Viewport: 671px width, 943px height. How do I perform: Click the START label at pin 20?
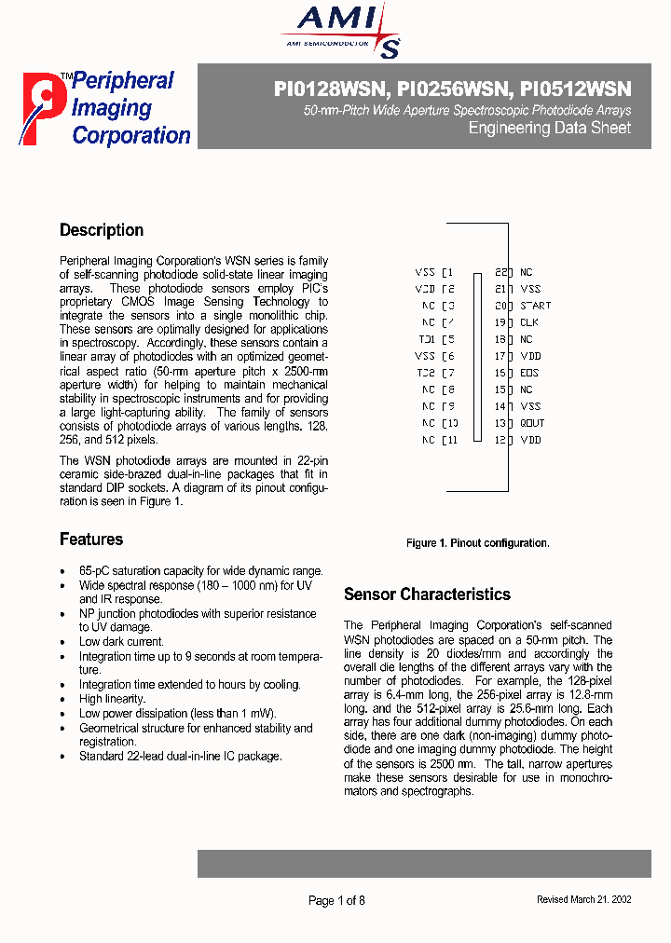coord(535,306)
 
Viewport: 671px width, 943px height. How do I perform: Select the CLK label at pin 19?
coord(528,322)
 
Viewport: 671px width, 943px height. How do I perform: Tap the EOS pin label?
coord(528,373)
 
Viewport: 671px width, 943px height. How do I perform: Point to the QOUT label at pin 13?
coord(532,423)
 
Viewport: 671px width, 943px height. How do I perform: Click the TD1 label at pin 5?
coord(425,339)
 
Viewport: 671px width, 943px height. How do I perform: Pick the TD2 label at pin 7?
coord(425,373)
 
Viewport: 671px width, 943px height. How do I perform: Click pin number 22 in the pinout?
coord(500,272)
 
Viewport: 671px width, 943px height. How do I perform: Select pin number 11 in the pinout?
coord(451,440)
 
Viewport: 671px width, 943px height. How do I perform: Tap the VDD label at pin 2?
coord(425,289)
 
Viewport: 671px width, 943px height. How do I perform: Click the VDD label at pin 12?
coord(529,440)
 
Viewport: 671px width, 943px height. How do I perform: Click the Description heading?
coord(102,230)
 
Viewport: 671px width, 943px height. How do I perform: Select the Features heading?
coord(91,540)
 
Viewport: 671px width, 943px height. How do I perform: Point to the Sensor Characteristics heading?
coord(427,594)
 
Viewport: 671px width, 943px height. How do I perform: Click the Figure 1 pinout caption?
coord(477,543)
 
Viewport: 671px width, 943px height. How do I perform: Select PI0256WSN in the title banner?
coord(454,89)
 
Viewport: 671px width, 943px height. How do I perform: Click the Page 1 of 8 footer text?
coord(336,900)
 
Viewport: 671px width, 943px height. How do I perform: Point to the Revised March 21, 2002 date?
coord(583,900)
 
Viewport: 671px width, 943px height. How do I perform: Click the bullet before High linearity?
coord(63,699)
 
